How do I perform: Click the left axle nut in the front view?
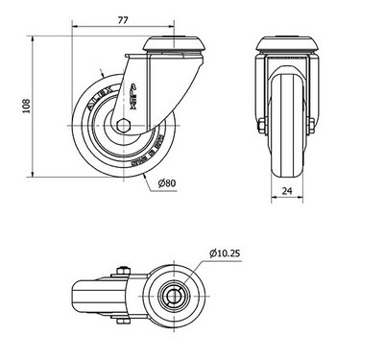[x=260, y=126]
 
